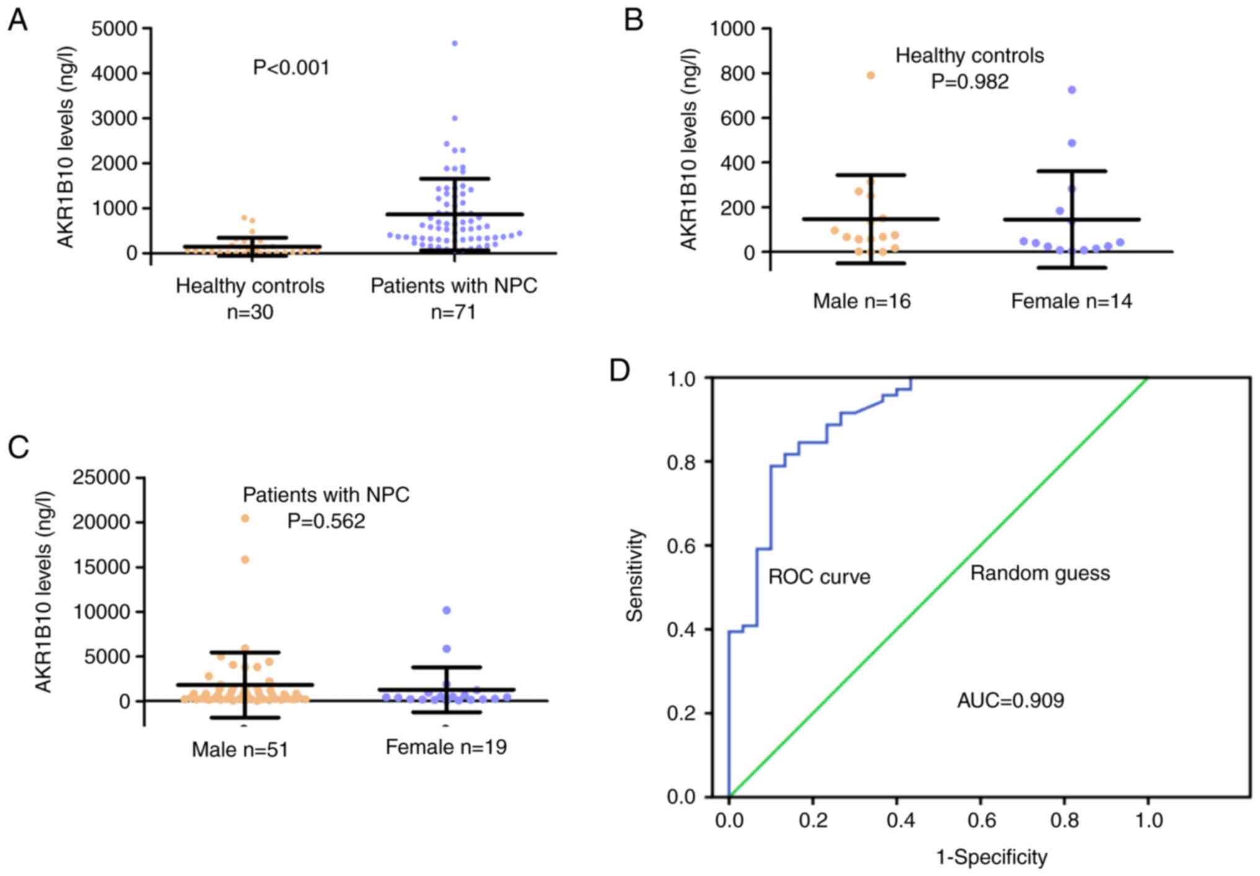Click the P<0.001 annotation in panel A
(291, 67)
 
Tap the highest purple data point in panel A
(455, 43)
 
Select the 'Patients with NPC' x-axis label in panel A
(454, 286)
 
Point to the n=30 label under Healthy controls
(250, 312)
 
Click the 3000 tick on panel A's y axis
(115, 118)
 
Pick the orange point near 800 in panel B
(871, 76)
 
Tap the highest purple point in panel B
(1071, 90)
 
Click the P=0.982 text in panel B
(970, 82)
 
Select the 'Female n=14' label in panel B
(1071, 301)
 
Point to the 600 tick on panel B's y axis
(737, 118)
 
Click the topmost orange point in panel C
(245, 518)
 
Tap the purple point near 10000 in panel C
(446, 610)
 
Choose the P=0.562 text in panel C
(326, 521)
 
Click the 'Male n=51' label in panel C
(241, 750)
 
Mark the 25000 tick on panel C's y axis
(102, 477)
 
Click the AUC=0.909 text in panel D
(1011, 701)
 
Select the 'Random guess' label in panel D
(1040, 573)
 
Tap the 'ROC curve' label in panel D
(819, 577)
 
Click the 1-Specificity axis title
(992, 857)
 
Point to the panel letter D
(620, 371)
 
